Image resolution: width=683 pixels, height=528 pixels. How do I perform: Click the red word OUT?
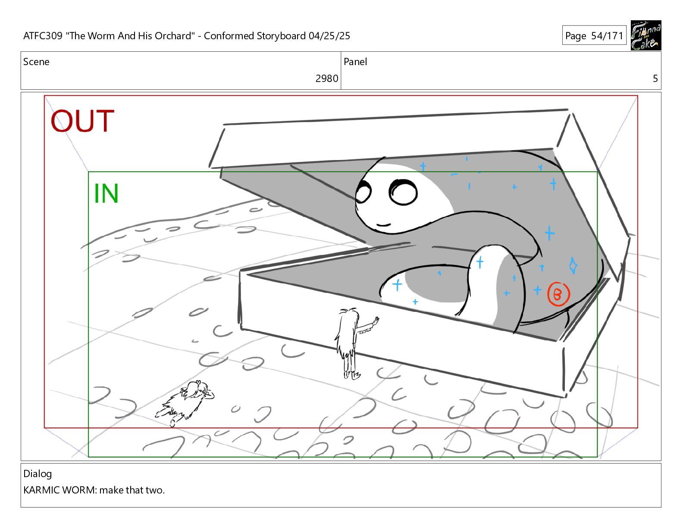point(82,121)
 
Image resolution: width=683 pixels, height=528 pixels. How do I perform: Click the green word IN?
point(106,193)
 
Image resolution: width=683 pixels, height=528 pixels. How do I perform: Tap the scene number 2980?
point(326,79)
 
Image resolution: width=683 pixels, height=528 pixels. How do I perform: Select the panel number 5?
point(655,79)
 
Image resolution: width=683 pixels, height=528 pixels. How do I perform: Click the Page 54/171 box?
point(594,35)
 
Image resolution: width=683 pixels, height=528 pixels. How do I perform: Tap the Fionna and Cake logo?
point(646,35)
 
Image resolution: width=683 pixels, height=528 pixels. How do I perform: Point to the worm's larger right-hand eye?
point(403,192)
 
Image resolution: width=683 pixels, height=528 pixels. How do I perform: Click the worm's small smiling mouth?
point(383,225)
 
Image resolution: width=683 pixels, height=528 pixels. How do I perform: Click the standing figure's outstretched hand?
point(376,321)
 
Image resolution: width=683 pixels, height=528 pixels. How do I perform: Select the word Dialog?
point(38,474)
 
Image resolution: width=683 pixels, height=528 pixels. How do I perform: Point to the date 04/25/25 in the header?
point(329,36)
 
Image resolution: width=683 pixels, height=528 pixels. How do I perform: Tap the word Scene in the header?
point(36,62)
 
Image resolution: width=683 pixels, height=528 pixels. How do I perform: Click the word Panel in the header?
point(355,62)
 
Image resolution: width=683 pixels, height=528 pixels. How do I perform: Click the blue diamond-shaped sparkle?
point(573,266)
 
